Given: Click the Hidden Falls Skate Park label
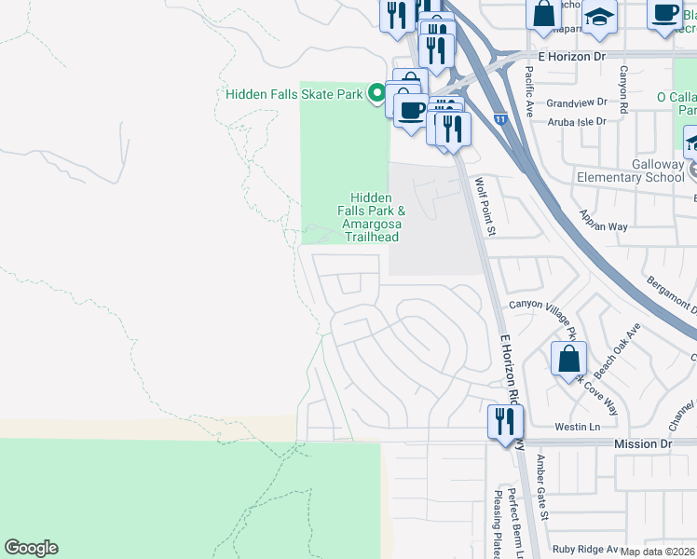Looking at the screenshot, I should click(x=294, y=94).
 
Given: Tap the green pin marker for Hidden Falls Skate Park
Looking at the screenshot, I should click(x=376, y=93).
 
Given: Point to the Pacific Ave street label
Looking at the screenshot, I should click(x=528, y=90).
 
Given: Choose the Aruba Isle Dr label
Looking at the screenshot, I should click(x=575, y=121).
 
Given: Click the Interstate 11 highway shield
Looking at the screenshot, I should click(x=500, y=119).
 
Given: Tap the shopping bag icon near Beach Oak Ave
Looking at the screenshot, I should click(x=568, y=360).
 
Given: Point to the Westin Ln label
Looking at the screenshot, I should click(x=578, y=427).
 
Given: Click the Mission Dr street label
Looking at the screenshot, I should click(x=642, y=444).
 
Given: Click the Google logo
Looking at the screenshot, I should click(x=31, y=548).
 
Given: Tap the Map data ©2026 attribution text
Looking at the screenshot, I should click(x=658, y=552).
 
